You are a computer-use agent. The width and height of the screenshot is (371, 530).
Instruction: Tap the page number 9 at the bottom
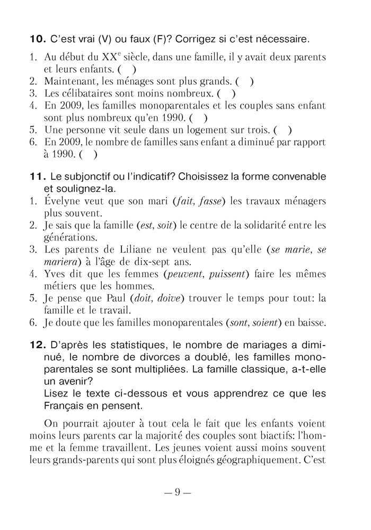tap(178, 492)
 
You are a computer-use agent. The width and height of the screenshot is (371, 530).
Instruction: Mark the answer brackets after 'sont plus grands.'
tap(244, 82)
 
